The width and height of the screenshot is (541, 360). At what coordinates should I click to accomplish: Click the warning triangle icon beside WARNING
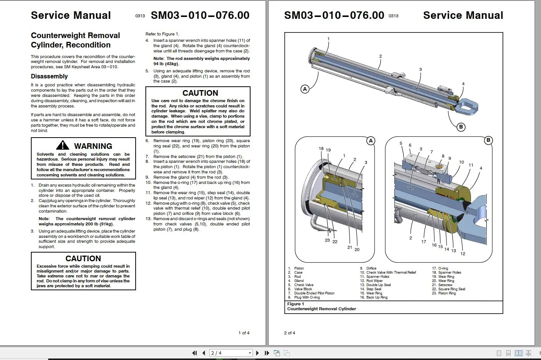click(x=63, y=145)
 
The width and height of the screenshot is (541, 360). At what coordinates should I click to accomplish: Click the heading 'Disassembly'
click(x=49, y=76)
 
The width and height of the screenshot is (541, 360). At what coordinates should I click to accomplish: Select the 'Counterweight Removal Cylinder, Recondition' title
click(x=75, y=40)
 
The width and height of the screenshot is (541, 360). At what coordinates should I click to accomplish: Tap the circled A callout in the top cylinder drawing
click(x=305, y=89)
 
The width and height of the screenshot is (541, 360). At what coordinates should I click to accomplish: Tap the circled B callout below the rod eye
click(x=461, y=127)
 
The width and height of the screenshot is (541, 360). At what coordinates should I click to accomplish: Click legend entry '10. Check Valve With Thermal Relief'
click(x=388, y=273)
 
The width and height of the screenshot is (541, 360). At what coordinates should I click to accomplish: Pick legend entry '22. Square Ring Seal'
click(x=449, y=289)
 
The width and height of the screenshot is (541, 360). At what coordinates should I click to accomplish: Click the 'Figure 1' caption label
click(x=295, y=304)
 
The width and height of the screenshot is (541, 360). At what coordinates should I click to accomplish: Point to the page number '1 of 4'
click(x=244, y=333)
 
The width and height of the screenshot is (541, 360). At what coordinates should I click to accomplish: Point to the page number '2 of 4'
click(x=290, y=333)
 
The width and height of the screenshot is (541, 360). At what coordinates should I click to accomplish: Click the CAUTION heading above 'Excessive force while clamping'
click(x=83, y=259)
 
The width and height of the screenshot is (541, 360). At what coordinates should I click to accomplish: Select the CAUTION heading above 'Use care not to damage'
click(x=200, y=93)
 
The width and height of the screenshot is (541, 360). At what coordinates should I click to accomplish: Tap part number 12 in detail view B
click(x=463, y=254)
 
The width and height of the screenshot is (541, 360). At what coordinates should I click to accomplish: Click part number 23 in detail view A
click(x=327, y=240)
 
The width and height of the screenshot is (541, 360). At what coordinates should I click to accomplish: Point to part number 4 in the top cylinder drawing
click(x=463, y=84)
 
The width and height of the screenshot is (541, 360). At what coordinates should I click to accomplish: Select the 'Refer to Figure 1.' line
click(x=162, y=34)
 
